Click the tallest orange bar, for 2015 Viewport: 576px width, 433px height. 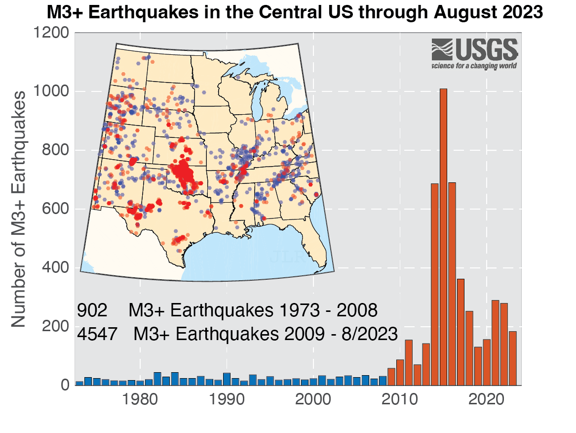coord(443,237)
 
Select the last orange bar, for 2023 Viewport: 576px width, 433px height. coord(513,358)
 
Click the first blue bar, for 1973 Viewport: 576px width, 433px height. coord(79,383)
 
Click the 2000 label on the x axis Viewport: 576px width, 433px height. coord(313,399)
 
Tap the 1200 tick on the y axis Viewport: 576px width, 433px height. coord(51,33)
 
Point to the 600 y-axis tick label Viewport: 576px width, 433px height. coord(56,209)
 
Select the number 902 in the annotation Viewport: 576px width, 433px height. coord(92,311)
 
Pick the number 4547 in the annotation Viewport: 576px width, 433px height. coord(97,334)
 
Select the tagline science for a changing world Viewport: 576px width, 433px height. coord(474,65)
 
